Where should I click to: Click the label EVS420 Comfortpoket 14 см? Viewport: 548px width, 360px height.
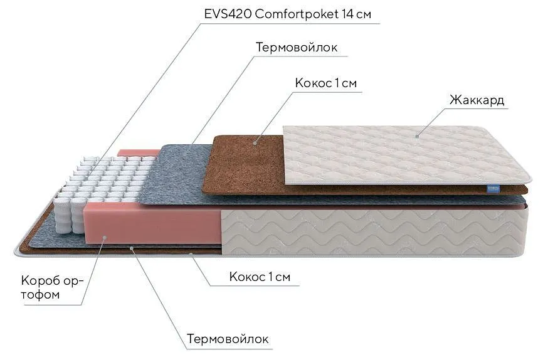(x=287, y=14)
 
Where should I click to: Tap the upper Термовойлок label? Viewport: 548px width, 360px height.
(x=297, y=47)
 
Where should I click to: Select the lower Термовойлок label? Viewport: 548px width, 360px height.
(x=228, y=339)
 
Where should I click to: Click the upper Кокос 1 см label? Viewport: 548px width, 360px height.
(x=325, y=83)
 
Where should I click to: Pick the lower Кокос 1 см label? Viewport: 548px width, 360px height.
(x=260, y=277)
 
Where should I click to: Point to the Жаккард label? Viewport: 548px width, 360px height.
(x=477, y=100)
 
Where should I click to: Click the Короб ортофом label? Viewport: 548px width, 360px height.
(x=51, y=288)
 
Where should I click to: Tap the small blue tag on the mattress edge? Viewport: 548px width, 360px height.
(x=494, y=189)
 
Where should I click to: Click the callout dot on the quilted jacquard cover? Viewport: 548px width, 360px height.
(x=418, y=136)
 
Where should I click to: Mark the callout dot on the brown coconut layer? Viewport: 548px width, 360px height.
(x=255, y=142)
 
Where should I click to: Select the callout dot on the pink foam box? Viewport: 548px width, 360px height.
(x=105, y=237)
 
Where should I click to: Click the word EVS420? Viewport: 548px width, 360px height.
(x=228, y=14)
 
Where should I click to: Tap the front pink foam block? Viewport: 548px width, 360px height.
(x=153, y=224)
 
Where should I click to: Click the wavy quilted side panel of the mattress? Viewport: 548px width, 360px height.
(x=373, y=232)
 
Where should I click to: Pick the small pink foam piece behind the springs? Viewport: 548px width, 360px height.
(x=139, y=153)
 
